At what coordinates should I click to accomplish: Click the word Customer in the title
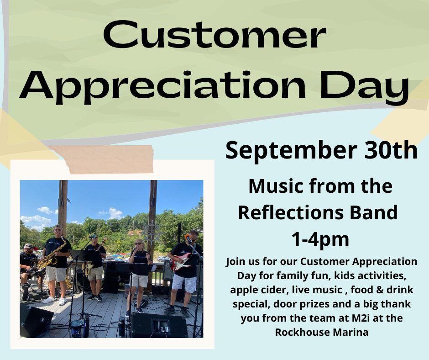tap(214, 36)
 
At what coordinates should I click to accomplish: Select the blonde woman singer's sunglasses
tap(138, 244)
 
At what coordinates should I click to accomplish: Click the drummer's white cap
tap(28, 246)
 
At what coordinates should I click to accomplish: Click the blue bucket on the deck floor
tap(76, 328)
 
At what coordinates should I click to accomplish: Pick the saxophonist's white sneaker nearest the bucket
tap(63, 301)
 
